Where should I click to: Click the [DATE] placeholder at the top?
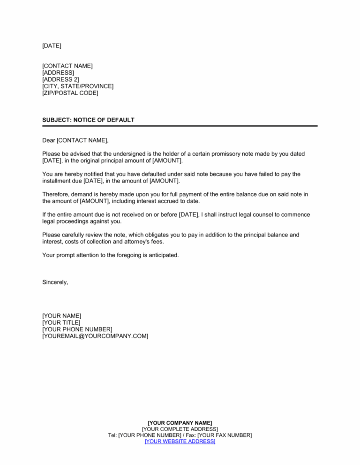click(x=52, y=46)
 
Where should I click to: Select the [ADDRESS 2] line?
click(x=60, y=79)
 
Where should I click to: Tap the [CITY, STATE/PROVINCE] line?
click(x=77, y=86)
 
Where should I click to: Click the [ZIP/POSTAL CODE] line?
click(x=70, y=93)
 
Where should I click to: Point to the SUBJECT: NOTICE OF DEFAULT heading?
click(x=88, y=120)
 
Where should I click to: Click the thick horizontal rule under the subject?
click(x=180, y=126)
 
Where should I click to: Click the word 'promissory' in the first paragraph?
click(x=238, y=154)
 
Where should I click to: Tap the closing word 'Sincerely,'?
click(x=55, y=282)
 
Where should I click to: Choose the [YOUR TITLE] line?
click(x=61, y=322)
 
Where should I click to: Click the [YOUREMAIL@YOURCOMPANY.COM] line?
click(x=95, y=336)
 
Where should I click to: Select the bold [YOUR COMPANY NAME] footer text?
click(x=180, y=423)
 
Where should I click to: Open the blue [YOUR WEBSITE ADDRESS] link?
click(x=180, y=442)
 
